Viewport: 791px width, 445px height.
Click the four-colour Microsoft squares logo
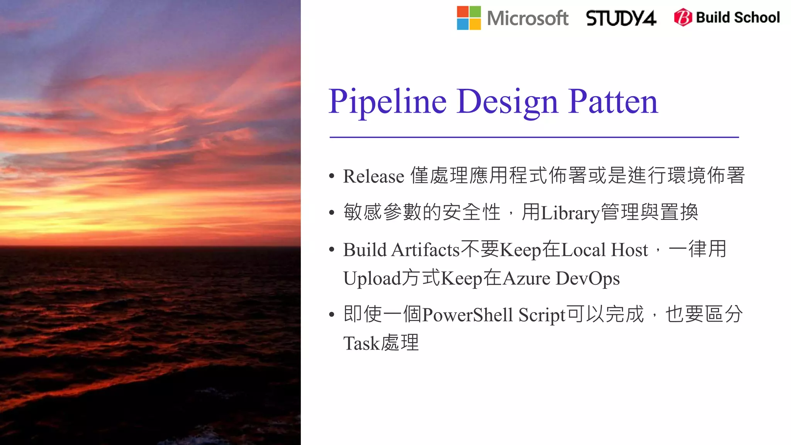(469, 18)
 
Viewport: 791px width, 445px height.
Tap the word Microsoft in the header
(528, 18)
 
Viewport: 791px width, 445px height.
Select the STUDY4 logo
(621, 18)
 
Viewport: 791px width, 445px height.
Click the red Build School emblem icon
(683, 17)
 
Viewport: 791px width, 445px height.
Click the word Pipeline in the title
(387, 102)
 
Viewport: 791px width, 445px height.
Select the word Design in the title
(507, 102)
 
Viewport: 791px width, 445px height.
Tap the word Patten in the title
(613, 102)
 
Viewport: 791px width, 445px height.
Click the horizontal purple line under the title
(534, 137)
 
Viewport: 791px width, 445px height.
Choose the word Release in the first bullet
(373, 176)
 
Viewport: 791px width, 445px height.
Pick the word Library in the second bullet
(570, 213)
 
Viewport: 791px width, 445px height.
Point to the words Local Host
(604, 250)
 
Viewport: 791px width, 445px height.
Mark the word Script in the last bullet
(542, 315)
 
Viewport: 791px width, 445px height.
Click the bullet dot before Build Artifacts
(331, 250)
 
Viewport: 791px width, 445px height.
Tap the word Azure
(526, 279)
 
